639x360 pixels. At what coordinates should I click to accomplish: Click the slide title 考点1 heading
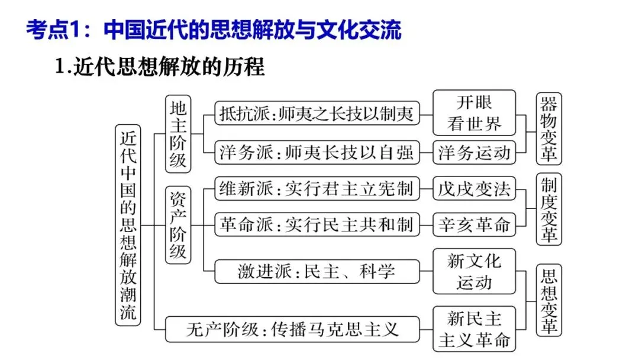214,30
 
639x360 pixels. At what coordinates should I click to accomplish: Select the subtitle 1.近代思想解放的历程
159,67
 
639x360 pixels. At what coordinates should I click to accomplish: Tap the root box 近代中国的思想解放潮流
128,225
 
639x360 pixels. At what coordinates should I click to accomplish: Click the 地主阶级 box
178,134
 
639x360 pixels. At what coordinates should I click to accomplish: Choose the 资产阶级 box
178,225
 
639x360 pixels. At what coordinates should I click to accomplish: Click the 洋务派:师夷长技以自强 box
317,152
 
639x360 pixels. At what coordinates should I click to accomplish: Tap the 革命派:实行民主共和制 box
317,225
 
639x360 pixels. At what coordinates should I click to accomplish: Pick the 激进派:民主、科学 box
317,271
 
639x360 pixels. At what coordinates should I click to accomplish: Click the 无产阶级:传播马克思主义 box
292,329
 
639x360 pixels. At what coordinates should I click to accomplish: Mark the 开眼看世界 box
474,112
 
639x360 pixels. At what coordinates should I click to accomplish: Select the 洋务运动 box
474,152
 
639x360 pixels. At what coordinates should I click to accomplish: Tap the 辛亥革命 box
474,225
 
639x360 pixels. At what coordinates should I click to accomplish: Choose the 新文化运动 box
474,271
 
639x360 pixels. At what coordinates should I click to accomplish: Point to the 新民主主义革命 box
474,329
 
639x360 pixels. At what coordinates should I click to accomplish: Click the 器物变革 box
549,128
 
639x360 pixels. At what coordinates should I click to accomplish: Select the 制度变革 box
549,209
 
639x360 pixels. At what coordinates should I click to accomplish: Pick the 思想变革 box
549,300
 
